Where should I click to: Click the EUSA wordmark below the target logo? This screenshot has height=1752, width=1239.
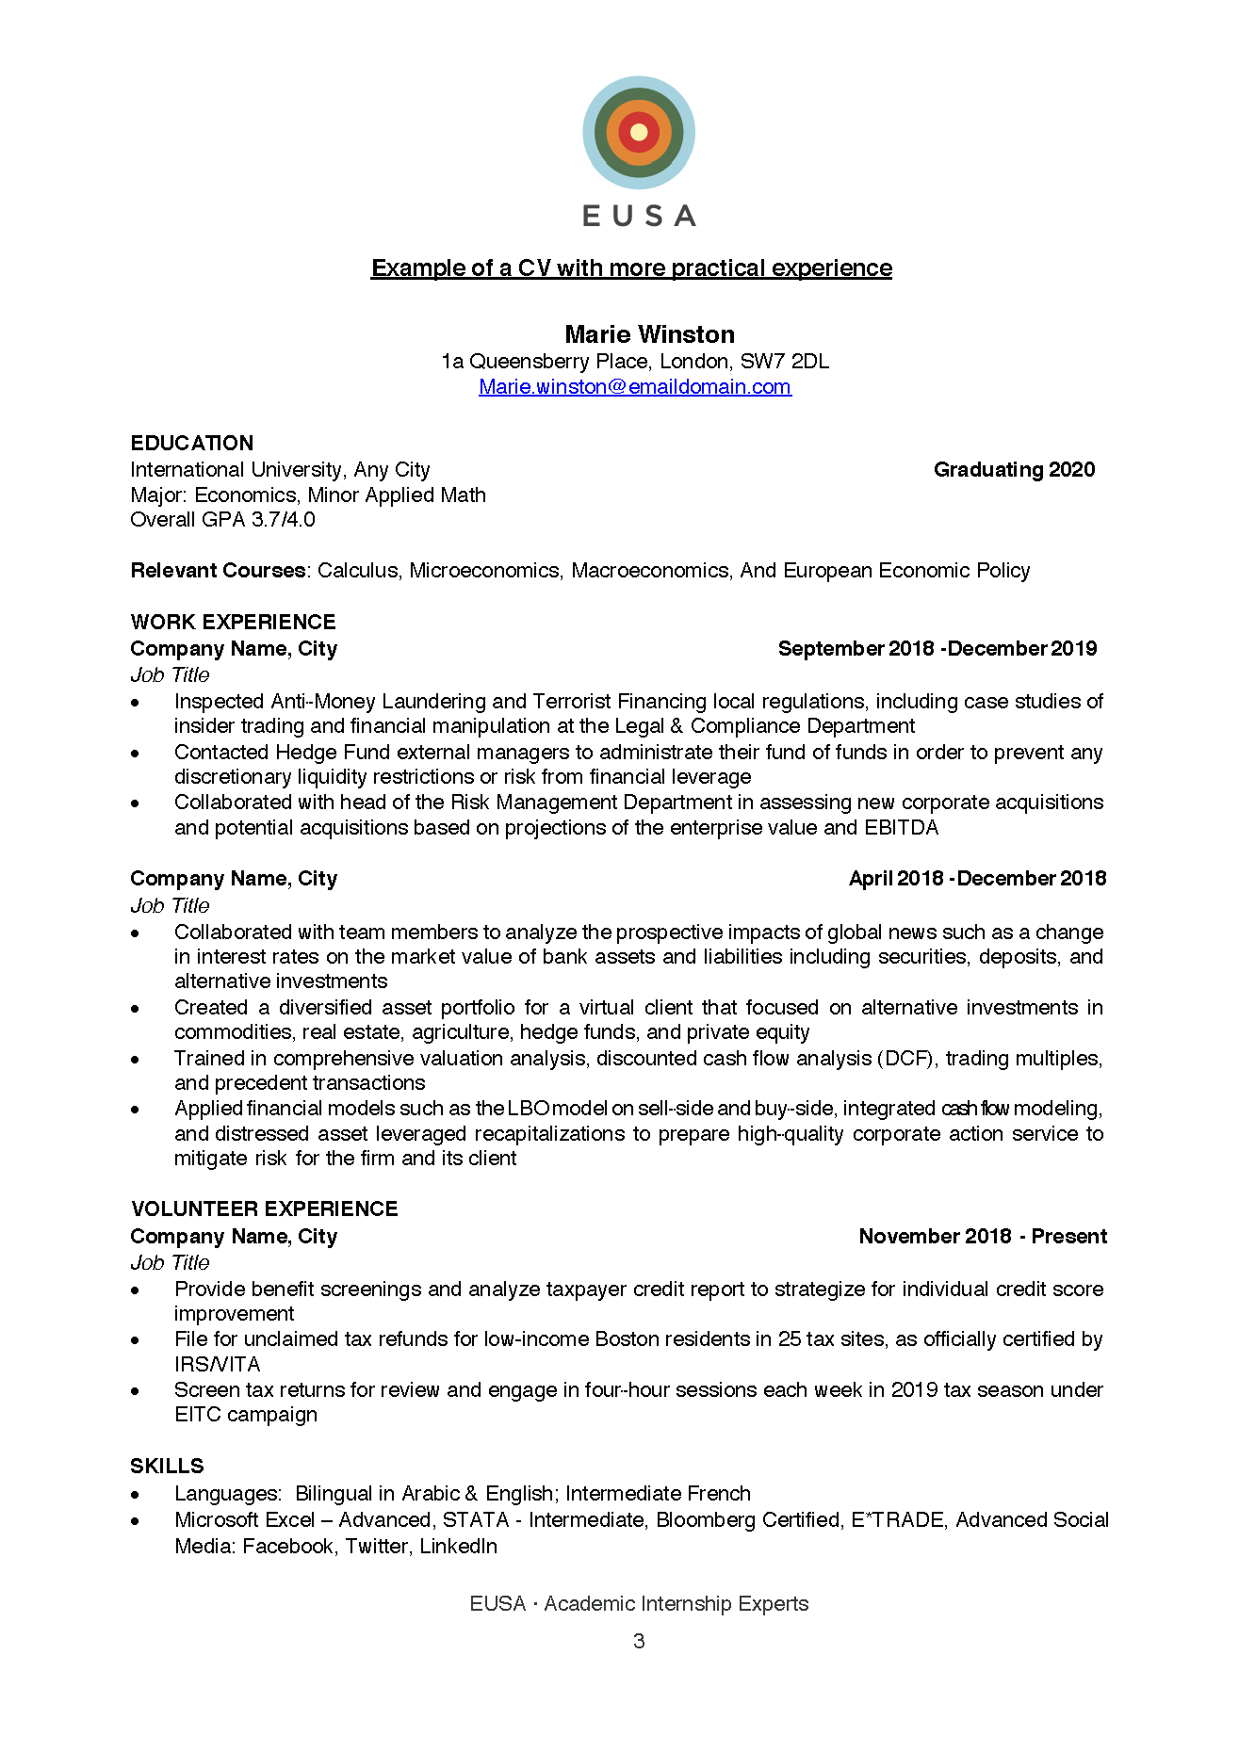639,216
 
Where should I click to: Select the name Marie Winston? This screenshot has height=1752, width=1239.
649,334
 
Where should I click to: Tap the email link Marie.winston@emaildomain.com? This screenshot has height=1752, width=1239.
634,386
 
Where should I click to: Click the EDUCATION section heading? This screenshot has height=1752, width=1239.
191,443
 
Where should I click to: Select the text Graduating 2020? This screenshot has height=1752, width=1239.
1014,469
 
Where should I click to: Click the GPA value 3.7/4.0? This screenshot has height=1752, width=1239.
283,519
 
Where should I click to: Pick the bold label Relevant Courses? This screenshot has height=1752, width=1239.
218,570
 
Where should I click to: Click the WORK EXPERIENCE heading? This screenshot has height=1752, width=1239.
233,622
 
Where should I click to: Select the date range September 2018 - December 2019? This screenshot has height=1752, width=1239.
937,648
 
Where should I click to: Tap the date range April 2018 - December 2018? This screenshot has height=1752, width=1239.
977,878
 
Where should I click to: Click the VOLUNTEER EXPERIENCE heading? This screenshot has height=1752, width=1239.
264,1209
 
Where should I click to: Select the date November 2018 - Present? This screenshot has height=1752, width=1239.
982,1236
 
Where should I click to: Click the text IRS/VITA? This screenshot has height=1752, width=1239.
217,1364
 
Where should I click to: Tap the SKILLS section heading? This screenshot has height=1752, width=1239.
167,1466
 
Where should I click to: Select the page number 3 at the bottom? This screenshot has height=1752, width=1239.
639,1641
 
